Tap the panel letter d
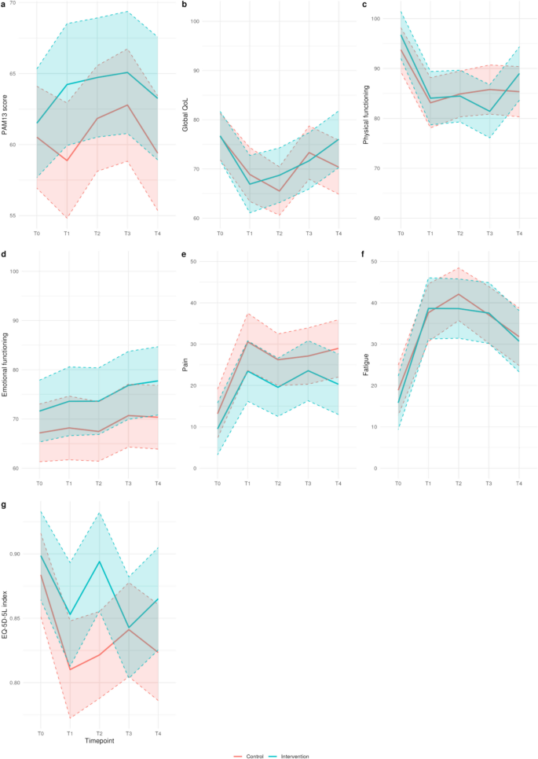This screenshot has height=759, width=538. [5, 256]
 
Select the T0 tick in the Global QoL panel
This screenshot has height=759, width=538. [219, 234]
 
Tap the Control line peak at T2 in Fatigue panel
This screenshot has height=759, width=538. [459, 294]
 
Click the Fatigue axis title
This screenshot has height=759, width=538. [366, 365]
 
